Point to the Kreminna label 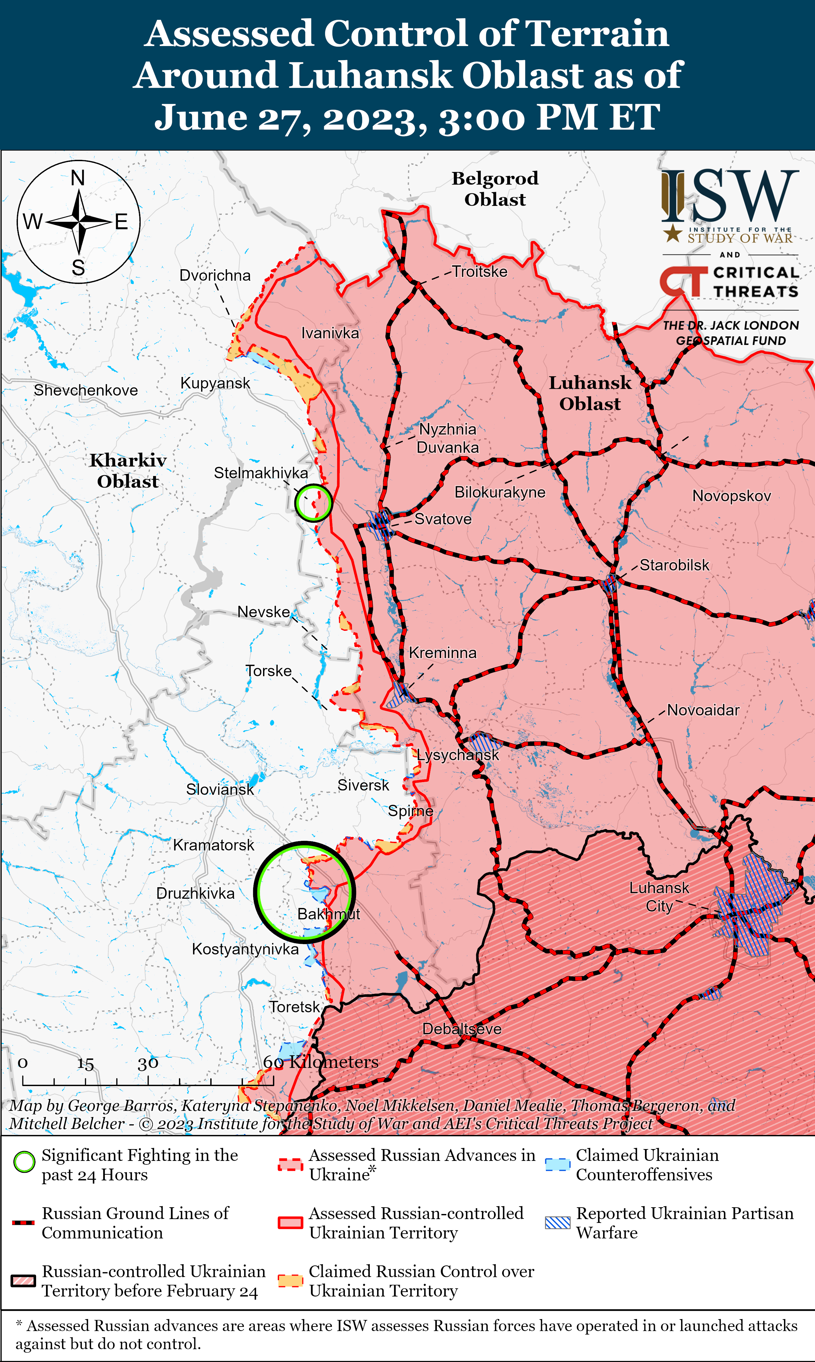[x=443, y=653]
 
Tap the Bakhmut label [x=329, y=914]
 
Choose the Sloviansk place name [x=220, y=789]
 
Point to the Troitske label [x=479, y=271]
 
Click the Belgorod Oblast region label [x=495, y=188]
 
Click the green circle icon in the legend [x=24, y=1162]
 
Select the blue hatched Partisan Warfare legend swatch [x=557, y=1223]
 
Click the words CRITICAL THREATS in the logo [x=756, y=282]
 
